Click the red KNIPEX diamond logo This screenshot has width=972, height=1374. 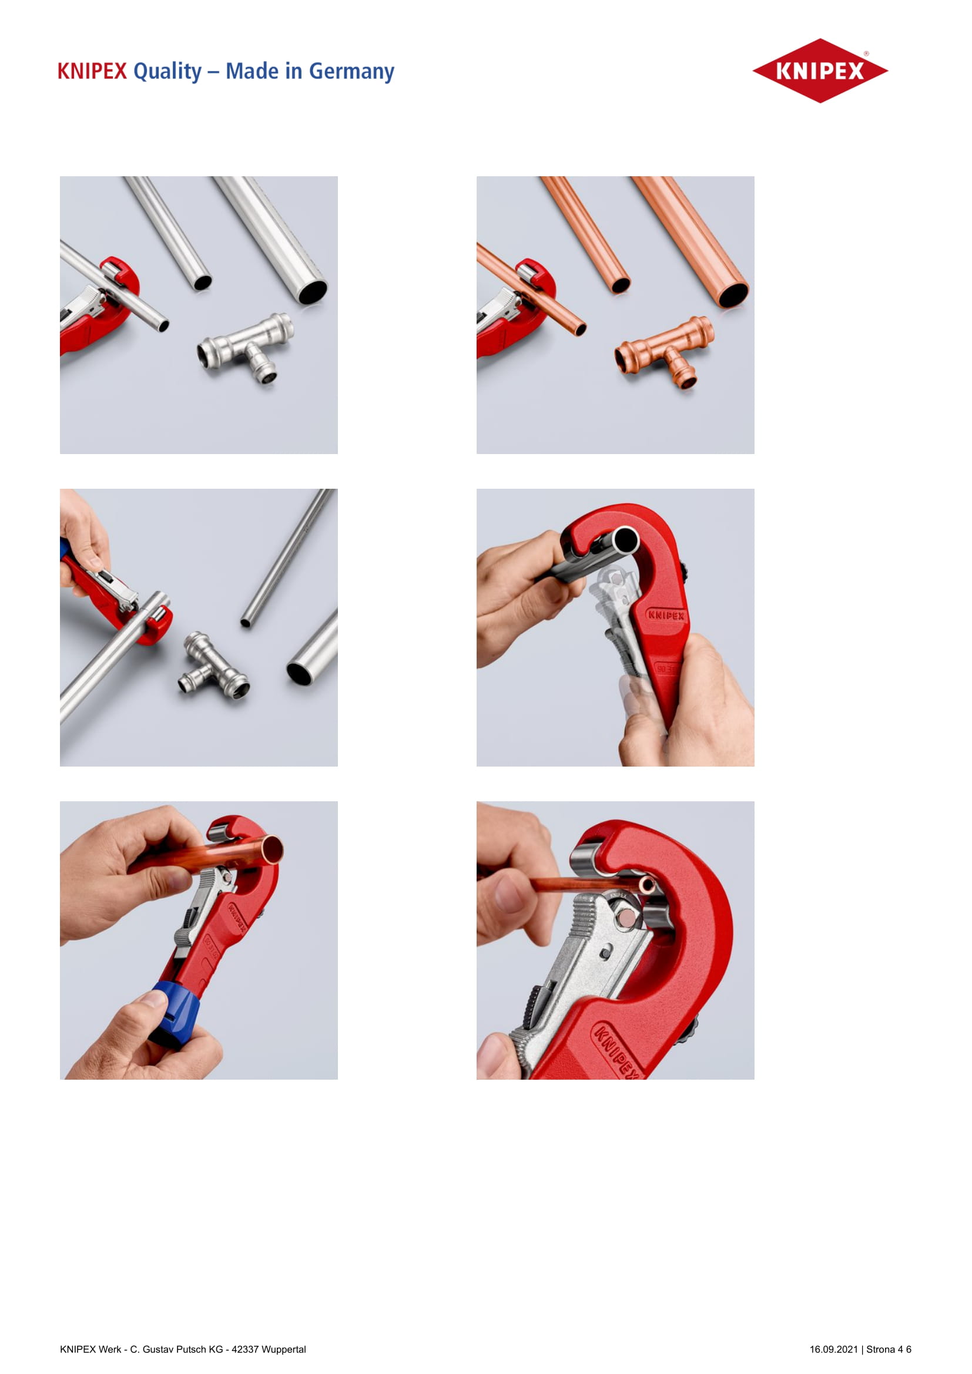click(820, 70)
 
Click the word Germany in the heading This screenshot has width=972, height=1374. click(351, 72)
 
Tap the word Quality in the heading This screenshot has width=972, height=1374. click(167, 72)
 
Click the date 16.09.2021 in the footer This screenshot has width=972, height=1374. click(834, 1349)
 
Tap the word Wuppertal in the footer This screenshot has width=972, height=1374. click(284, 1349)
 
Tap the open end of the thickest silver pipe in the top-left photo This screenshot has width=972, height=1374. click(313, 293)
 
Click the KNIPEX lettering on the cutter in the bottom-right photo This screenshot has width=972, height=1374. click(616, 1050)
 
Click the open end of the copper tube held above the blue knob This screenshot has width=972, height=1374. click(272, 850)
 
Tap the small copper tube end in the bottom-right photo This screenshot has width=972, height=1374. click(646, 885)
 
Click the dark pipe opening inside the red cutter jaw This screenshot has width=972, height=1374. click(625, 540)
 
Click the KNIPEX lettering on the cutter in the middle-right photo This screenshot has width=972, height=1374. click(666, 614)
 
